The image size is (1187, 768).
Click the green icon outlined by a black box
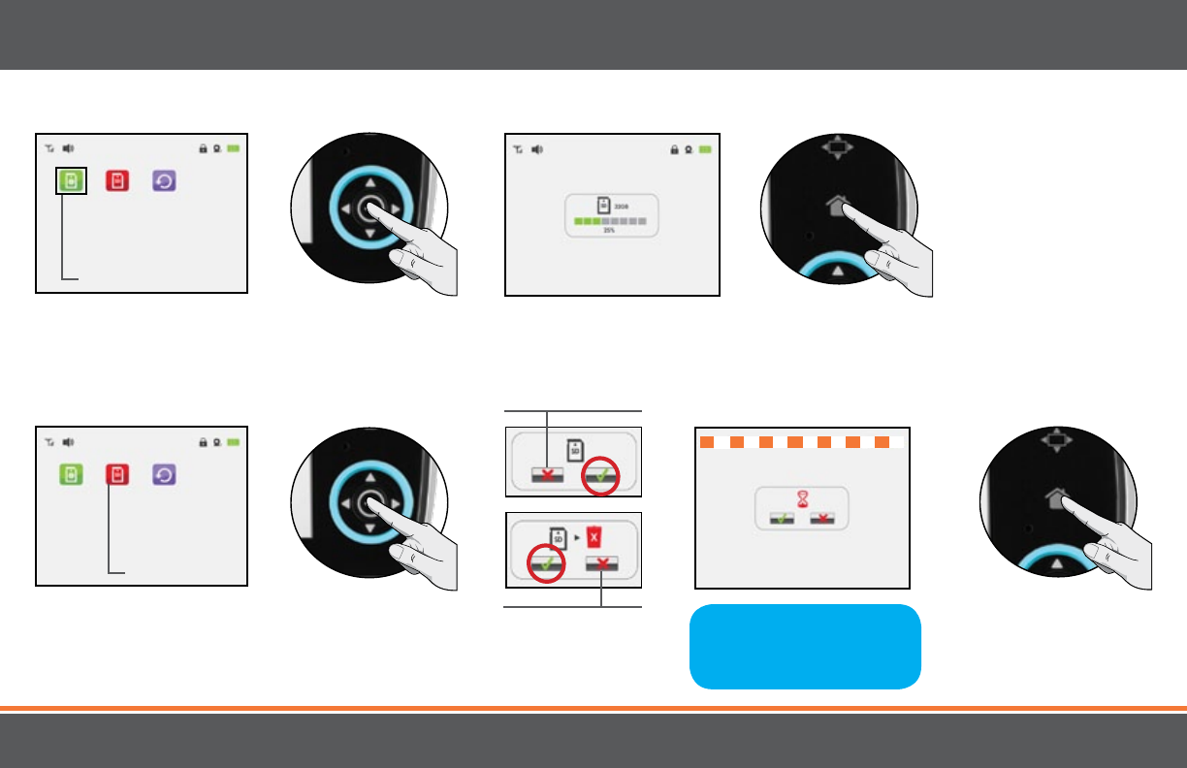point(71,180)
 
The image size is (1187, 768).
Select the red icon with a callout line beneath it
point(117,475)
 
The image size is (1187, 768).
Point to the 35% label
point(609,231)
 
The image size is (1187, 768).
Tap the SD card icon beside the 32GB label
point(601,205)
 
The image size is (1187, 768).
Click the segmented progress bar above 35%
point(610,221)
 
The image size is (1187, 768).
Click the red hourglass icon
point(802,497)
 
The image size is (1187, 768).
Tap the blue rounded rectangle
point(804,646)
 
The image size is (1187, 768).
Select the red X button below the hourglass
point(823,519)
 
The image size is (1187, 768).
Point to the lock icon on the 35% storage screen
point(673,150)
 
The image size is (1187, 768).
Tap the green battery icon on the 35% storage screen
point(704,150)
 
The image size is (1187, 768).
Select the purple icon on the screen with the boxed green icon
point(164,180)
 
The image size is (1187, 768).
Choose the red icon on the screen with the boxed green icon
point(117,180)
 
